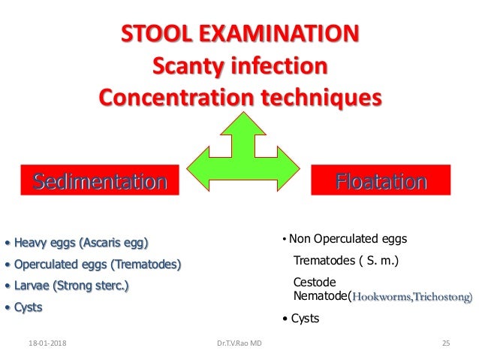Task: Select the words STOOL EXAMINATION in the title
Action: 239,35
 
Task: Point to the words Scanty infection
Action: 239,67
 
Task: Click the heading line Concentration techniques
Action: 239,99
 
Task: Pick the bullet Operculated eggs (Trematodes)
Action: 95,265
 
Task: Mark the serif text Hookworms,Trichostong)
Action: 412,297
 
